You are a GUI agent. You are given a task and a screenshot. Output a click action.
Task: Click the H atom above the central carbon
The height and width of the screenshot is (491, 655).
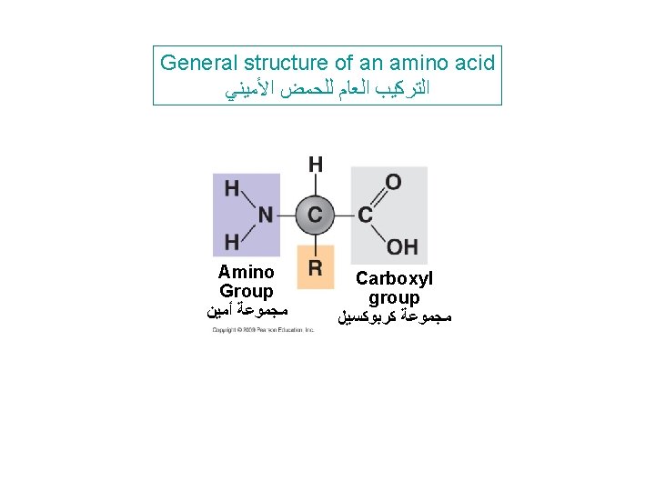pyautogui.click(x=315, y=165)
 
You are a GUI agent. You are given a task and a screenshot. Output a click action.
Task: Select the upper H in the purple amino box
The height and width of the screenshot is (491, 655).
pyautogui.click(x=232, y=189)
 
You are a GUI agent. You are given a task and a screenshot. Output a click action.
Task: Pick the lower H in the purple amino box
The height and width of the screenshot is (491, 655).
pyautogui.click(x=232, y=242)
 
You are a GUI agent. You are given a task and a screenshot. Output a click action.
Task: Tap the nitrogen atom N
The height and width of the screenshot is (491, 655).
pyautogui.click(x=265, y=215)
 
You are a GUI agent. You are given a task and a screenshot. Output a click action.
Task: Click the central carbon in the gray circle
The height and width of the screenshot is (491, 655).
pyautogui.click(x=315, y=215)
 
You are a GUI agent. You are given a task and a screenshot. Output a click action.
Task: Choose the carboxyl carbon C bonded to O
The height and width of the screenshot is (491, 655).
pyautogui.click(x=365, y=215)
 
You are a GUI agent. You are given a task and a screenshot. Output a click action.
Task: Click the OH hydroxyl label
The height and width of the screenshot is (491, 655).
pyautogui.click(x=401, y=246)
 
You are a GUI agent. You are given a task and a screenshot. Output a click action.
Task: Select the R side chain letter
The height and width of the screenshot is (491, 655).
pyautogui.click(x=315, y=267)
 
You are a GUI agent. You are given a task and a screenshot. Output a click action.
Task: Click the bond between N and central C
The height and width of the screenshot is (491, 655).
pyautogui.click(x=286, y=215)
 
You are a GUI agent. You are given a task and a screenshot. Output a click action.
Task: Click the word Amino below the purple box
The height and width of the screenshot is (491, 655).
pyautogui.click(x=246, y=272)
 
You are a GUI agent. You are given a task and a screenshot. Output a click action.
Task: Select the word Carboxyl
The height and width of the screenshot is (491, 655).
pyautogui.click(x=395, y=278)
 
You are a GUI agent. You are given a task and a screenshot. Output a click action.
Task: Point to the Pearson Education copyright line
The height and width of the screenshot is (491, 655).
pyautogui.click(x=263, y=329)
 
